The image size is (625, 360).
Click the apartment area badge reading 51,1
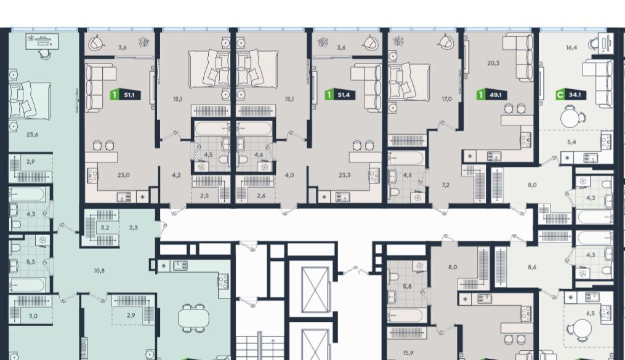point(126,95)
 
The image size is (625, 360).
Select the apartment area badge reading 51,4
point(340,95)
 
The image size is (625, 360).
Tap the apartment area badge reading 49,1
point(492,95)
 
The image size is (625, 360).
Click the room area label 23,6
point(32,135)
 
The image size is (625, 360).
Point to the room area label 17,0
point(446,99)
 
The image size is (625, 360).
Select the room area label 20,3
point(493,63)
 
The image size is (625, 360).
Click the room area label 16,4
point(571,47)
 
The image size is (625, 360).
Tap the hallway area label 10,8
point(99,271)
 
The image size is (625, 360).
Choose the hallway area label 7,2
point(446,185)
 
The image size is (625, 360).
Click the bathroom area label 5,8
point(407,286)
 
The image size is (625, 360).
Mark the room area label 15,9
point(408,353)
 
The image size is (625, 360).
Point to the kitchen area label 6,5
point(591,313)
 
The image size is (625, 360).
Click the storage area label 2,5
point(204,196)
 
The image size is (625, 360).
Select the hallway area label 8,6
point(532,267)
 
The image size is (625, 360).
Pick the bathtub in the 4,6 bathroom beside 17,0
point(406,159)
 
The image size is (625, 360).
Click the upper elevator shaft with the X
point(315,290)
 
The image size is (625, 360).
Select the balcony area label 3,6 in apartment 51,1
point(123,48)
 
